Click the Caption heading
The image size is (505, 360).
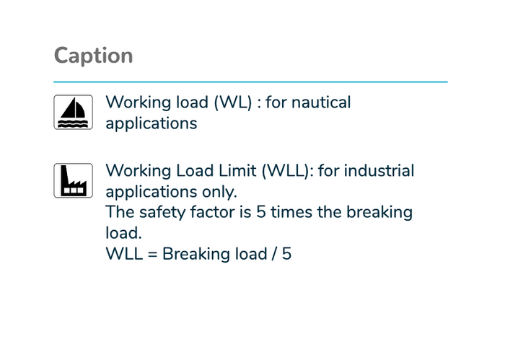[x=93, y=56]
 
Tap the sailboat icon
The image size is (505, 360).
[x=73, y=112]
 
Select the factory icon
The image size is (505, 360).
[x=73, y=180]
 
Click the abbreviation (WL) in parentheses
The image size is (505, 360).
[x=233, y=102]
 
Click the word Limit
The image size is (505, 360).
[x=237, y=171]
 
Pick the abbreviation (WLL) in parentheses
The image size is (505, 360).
[x=287, y=171]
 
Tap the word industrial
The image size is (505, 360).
[x=379, y=171]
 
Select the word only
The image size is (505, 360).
[x=219, y=192]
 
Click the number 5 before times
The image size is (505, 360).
[x=261, y=213]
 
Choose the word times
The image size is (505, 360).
[x=291, y=212]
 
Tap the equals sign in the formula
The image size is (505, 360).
[x=152, y=254]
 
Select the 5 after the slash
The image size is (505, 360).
[x=286, y=254]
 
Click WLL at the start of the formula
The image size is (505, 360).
[x=124, y=254]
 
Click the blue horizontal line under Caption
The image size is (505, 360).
[x=250, y=82]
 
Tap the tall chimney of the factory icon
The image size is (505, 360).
[x=63, y=175]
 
